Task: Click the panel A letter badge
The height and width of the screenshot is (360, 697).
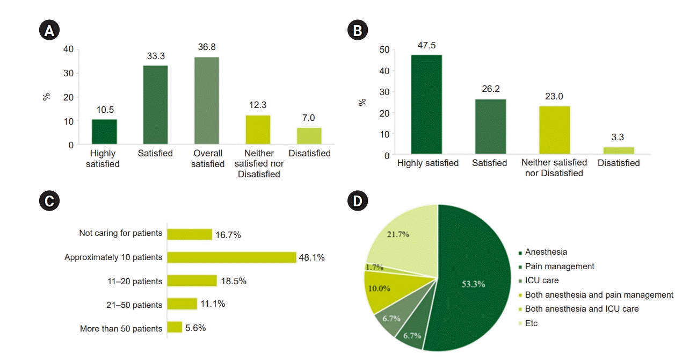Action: (x=49, y=31)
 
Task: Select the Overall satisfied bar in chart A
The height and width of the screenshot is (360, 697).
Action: (x=206, y=100)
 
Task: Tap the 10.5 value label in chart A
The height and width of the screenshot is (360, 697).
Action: (x=104, y=110)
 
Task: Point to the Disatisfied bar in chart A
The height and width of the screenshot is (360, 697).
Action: (x=309, y=136)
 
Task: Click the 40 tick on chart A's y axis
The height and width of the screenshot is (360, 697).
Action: (x=69, y=49)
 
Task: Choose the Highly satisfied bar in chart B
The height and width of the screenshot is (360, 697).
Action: (x=426, y=105)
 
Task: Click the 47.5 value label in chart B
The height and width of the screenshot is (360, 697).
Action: (x=426, y=45)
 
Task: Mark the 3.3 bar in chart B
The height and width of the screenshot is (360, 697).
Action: (x=618, y=151)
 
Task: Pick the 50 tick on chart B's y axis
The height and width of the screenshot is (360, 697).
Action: (x=383, y=49)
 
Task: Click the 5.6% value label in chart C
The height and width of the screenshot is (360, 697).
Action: (x=195, y=327)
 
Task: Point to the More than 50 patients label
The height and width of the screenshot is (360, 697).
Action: (x=121, y=328)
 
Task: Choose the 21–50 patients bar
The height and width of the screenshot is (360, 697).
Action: (x=182, y=304)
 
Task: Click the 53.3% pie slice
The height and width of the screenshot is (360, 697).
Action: (x=473, y=279)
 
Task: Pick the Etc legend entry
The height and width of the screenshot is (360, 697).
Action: (x=531, y=323)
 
